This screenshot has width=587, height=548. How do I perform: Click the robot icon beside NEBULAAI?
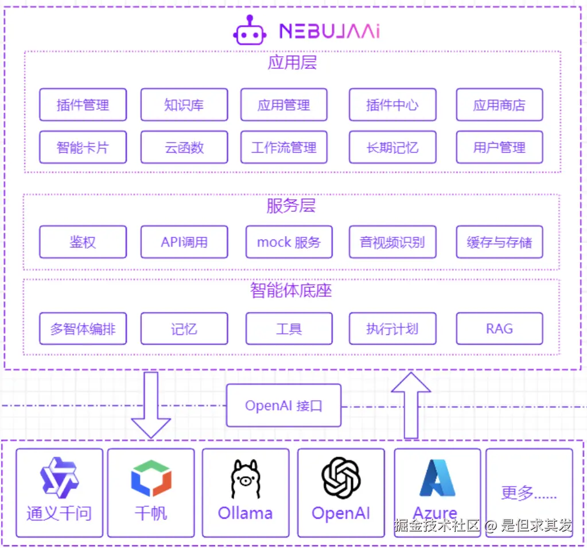(250, 30)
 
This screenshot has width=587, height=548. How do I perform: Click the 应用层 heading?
(292, 62)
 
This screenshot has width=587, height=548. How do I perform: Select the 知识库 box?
(184, 105)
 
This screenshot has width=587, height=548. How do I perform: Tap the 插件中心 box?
(392, 105)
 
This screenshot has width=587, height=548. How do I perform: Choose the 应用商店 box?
(499, 105)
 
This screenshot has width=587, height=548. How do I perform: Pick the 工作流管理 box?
(283, 147)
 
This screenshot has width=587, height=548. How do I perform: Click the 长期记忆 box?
(392, 147)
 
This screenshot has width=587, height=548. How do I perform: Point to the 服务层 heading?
(291, 206)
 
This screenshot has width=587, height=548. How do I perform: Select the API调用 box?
(184, 242)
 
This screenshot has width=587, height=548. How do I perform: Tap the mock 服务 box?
(289, 242)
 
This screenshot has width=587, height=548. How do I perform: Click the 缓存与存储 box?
(499, 242)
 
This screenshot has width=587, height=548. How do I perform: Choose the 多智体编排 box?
(83, 329)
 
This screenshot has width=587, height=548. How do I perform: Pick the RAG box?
(499, 329)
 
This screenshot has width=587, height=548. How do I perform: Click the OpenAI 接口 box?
(283, 406)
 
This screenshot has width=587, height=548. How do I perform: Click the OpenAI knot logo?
(341, 477)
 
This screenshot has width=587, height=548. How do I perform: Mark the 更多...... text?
(528, 493)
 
